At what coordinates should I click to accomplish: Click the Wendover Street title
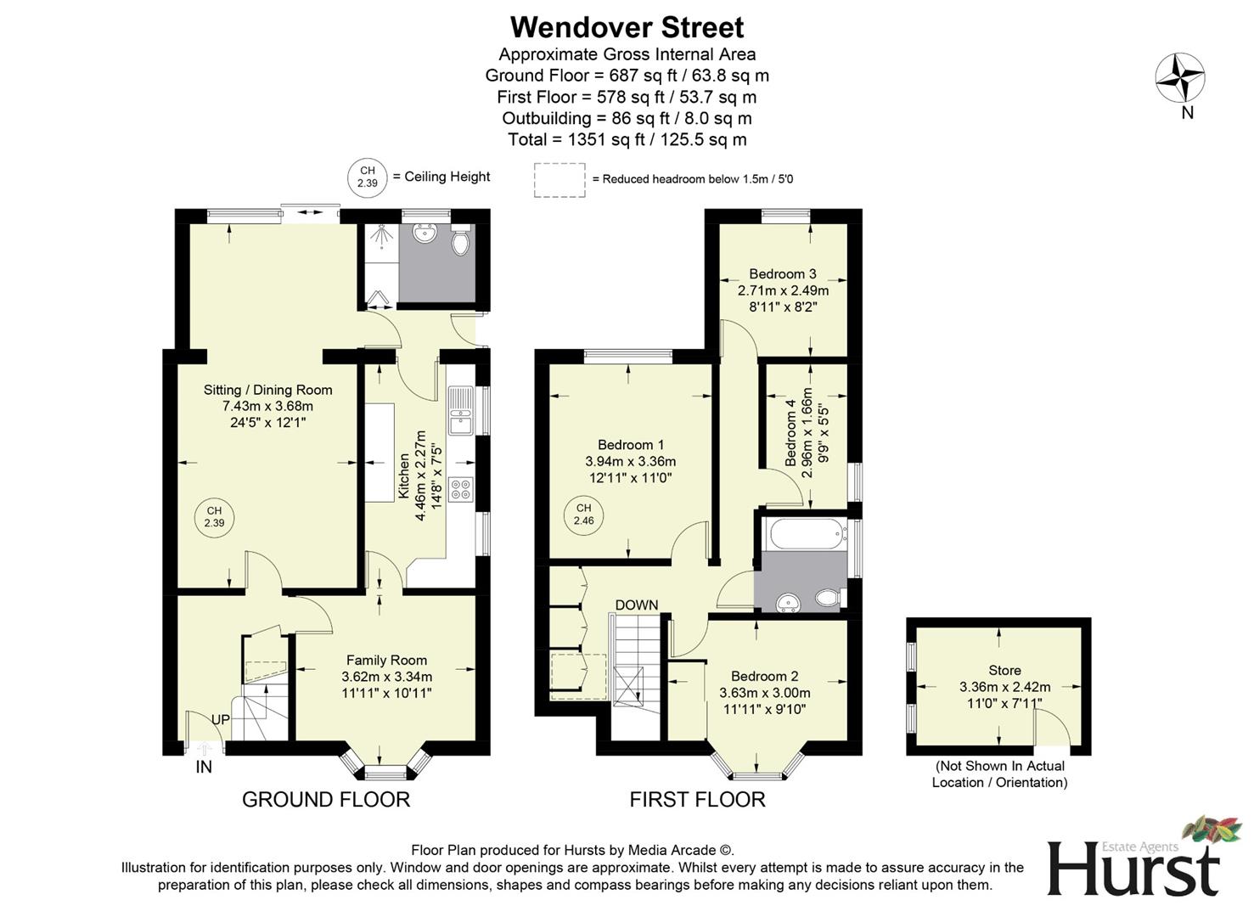pos(627,27)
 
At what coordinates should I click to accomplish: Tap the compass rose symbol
pos(1180,78)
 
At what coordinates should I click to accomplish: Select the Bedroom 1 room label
pos(631,445)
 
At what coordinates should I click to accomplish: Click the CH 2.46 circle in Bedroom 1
pos(583,515)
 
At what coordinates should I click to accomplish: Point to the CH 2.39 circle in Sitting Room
pos(214,517)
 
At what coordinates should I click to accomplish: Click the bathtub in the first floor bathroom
pos(804,534)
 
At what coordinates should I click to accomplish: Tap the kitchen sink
pos(461,410)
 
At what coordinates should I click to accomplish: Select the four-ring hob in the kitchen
pos(461,489)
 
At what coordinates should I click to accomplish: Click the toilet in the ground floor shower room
pos(460,241)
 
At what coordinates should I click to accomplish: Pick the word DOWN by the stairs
pos(637,605)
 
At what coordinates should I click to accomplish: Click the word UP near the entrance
pos(221,720)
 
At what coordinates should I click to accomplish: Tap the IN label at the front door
pos(204,768)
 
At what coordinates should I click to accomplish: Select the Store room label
pos(1004,671)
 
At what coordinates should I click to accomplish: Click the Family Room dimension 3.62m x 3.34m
pos(386,677)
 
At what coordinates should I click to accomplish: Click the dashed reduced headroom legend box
pos(560,179)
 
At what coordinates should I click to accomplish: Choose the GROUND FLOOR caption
pos(326,800)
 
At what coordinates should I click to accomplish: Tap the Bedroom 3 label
pos(783,274)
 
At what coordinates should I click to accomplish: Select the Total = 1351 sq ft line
pos(627,140)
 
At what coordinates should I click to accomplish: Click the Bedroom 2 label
pos(764,677)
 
